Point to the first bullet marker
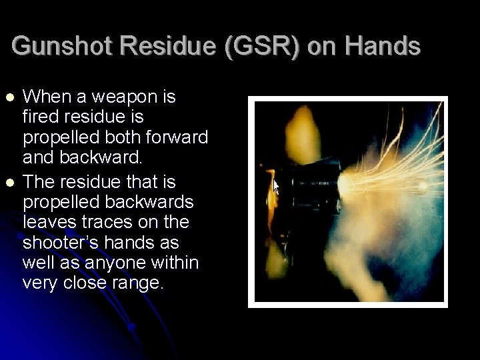coord(9,97)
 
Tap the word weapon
coord(123,97)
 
